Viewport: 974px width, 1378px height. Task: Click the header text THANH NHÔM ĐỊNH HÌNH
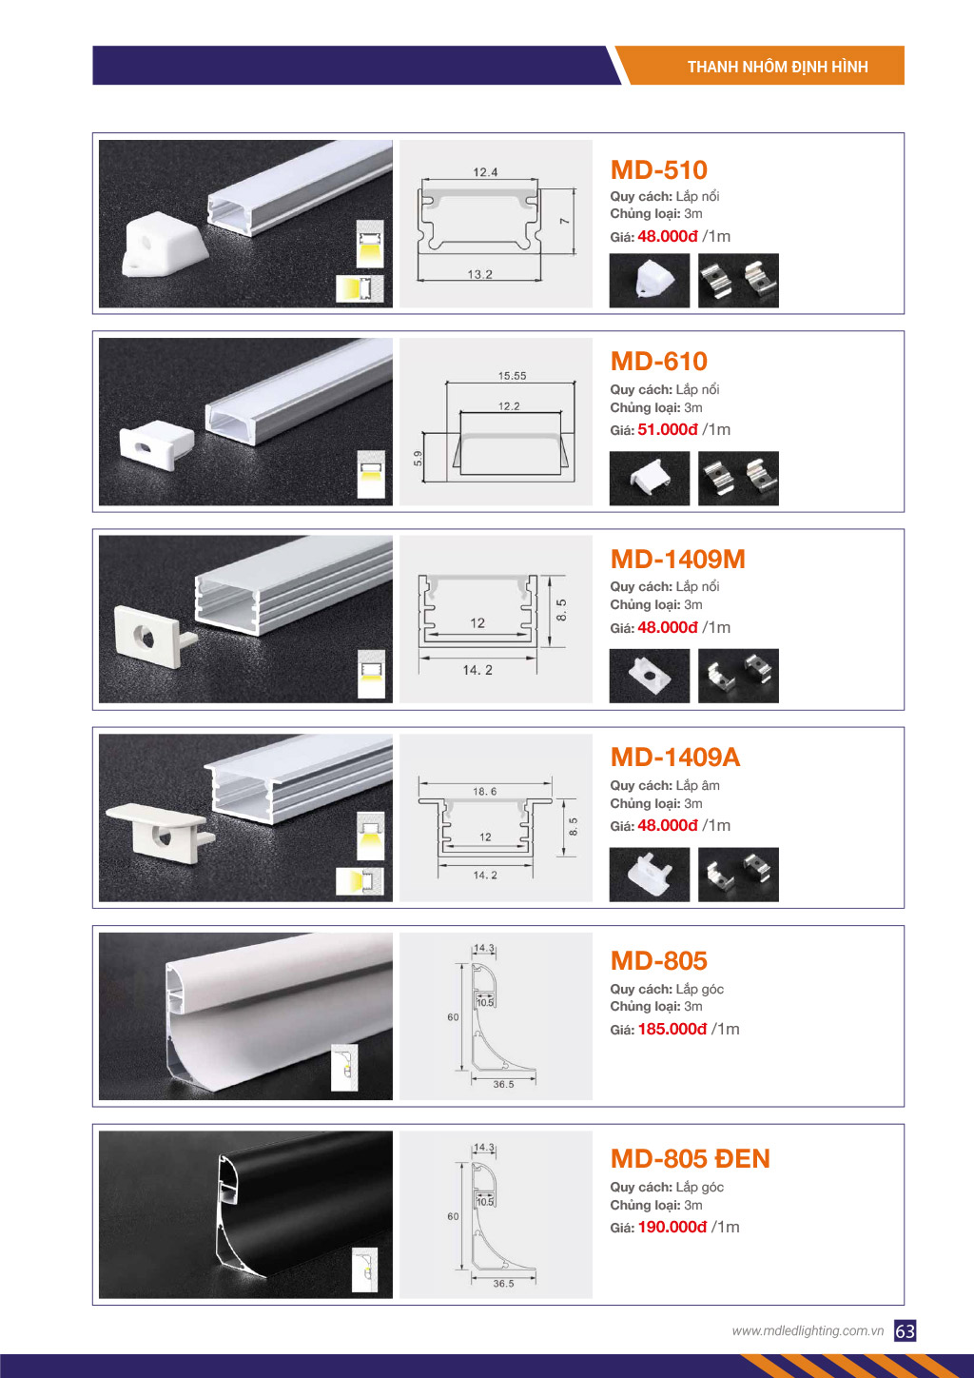777,67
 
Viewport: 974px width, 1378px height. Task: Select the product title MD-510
658,169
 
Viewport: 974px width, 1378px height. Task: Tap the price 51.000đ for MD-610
668,429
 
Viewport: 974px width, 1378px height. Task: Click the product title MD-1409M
677,560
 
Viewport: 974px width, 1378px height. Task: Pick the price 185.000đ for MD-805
672,1029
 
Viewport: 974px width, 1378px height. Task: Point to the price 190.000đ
672,1228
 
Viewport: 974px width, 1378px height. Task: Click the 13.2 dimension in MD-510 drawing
479,274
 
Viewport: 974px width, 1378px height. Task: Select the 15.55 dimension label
513,376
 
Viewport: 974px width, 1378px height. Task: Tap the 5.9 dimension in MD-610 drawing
419,459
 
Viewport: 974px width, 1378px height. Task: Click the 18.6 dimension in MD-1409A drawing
484,792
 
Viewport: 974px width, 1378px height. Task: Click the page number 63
906,1331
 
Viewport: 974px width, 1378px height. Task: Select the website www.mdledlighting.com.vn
808,1330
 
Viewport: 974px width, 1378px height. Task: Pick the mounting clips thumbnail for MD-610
738,479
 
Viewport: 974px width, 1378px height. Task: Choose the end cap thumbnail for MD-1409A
650,875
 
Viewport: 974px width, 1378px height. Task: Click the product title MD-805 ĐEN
690,1159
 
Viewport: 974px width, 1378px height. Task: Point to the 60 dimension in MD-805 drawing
453,1017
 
